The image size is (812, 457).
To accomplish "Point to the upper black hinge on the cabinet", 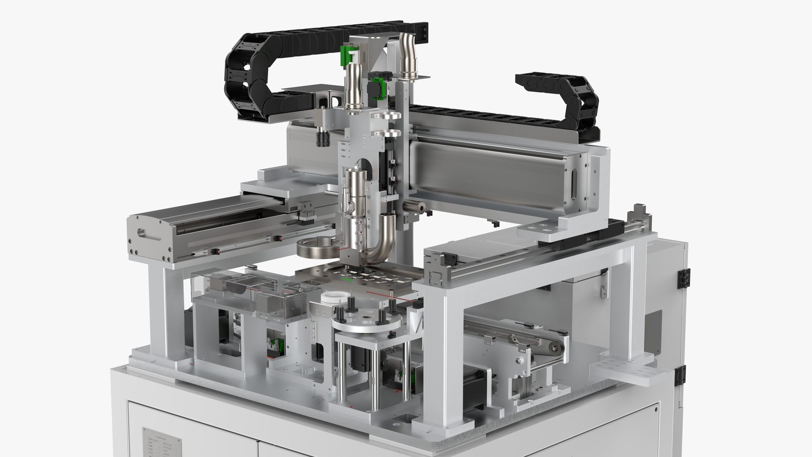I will point(682,279).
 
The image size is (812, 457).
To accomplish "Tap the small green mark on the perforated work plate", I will point(348,279).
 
